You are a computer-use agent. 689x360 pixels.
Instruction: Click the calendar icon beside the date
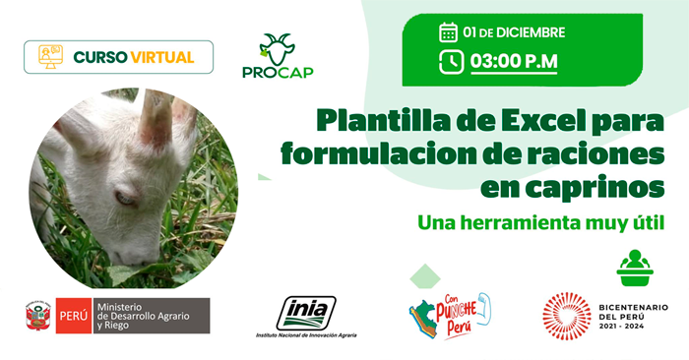coord(448,32)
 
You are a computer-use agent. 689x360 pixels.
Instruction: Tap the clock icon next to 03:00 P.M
coord(452,61)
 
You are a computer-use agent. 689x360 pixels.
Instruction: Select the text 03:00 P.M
coord(514,61)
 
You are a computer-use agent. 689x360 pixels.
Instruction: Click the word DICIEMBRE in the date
coord(530,32)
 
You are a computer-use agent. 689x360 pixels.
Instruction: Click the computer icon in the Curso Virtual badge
coord(49,57)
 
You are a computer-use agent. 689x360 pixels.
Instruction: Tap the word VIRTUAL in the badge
coord(161,57)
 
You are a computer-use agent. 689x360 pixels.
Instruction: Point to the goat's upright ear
coord(155,118)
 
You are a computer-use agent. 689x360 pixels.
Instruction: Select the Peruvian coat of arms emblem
coord(37,314)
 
